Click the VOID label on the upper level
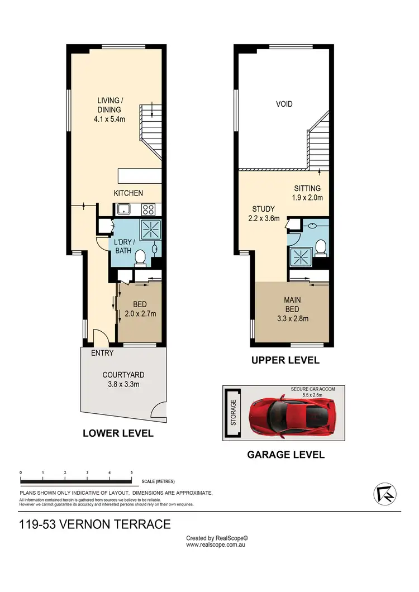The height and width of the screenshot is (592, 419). [284, 104]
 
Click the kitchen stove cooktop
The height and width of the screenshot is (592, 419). [149, 210]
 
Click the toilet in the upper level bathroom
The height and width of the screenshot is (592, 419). [321, 246]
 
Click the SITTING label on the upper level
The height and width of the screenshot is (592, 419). [307, 188]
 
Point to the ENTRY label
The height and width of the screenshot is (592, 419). [102, 353]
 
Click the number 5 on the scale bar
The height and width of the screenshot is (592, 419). [131, 472]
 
